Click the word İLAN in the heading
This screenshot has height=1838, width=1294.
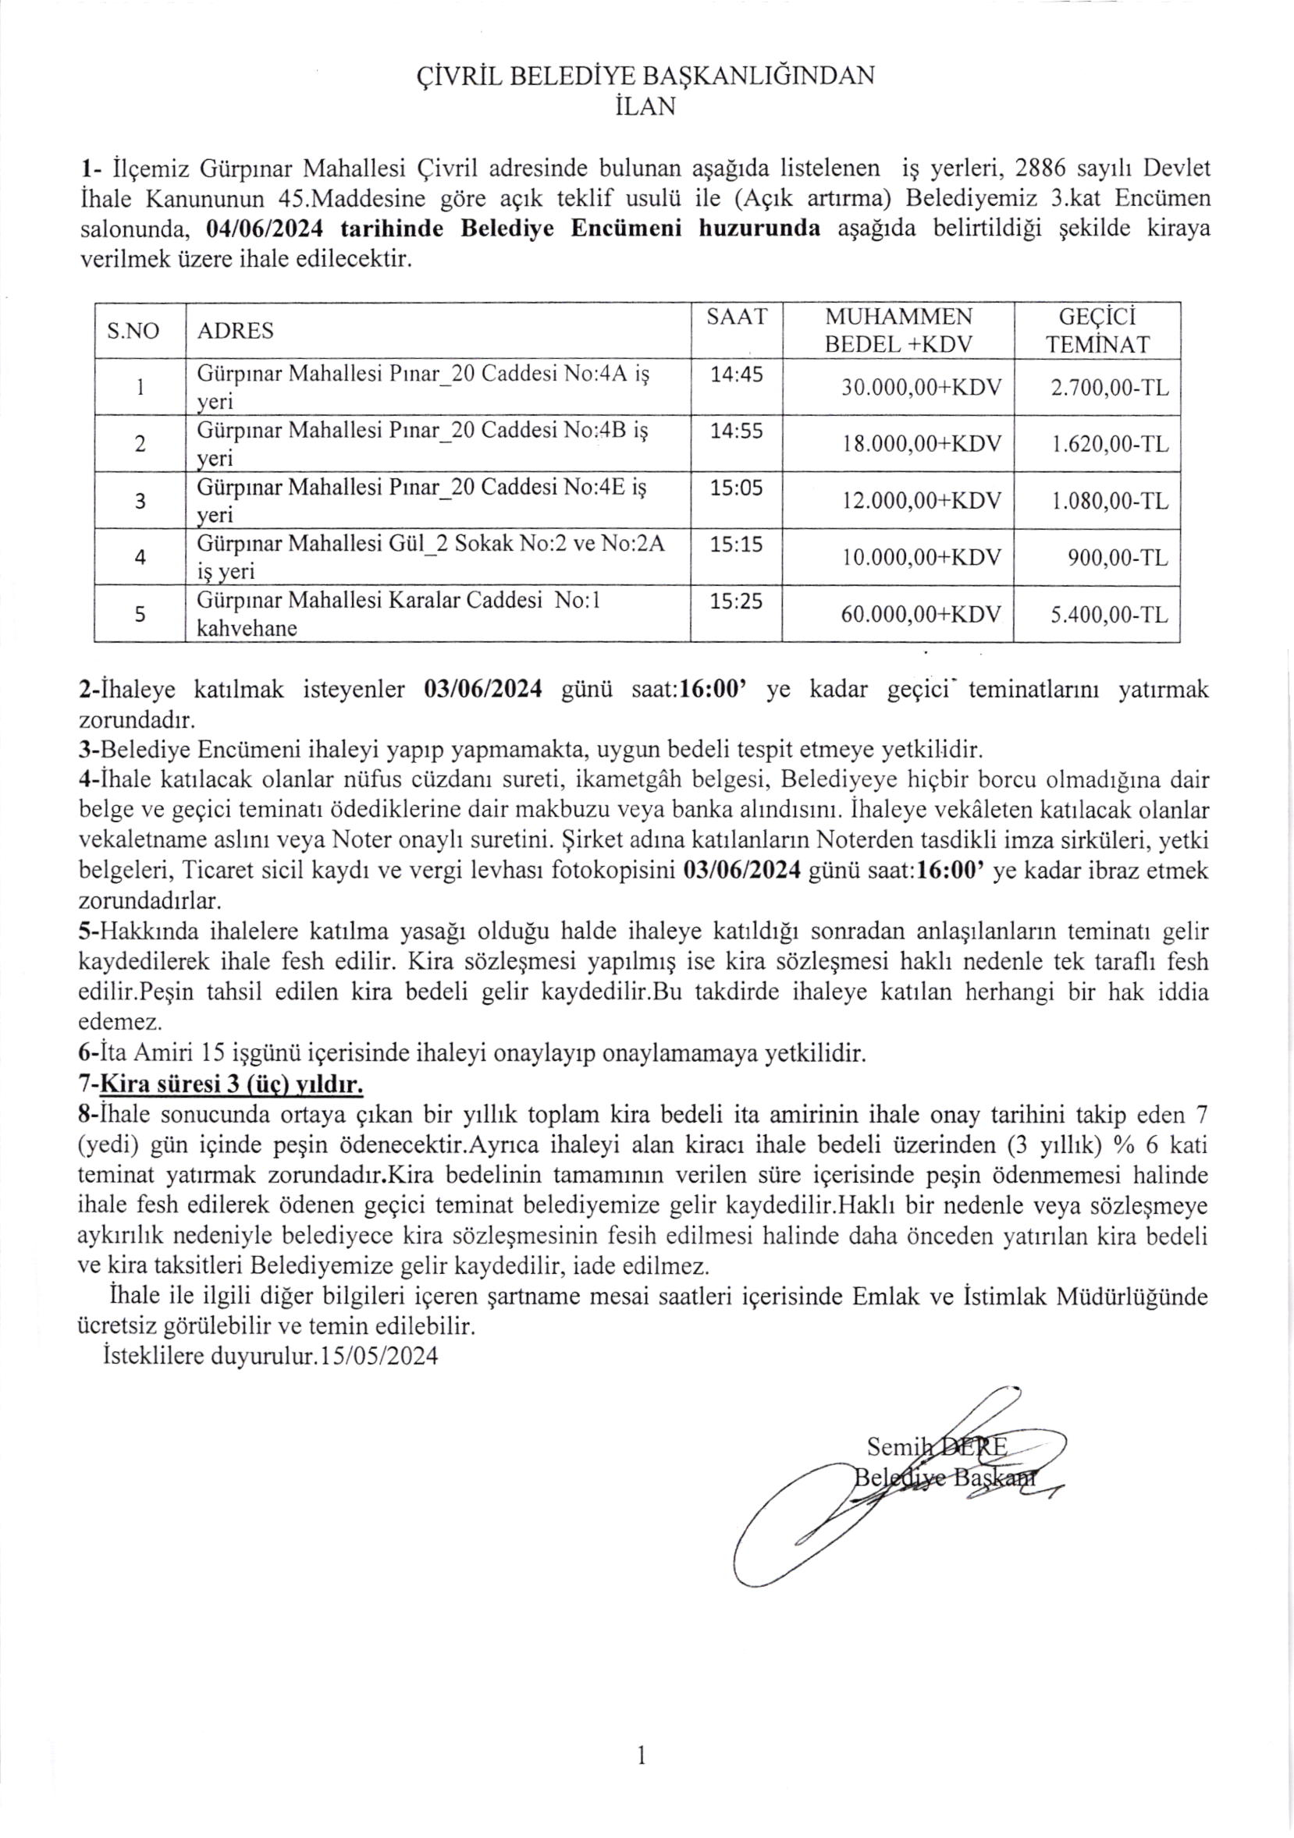(x=646, y=106)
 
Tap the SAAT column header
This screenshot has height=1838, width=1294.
(x=737, y=317)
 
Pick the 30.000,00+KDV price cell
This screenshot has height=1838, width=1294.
(x=921, y=388)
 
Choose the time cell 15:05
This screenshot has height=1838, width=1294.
(x=737, y=488)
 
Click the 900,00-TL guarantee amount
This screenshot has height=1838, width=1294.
(x=1118, y=558)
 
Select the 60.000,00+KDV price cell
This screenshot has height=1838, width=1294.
(x=921, y=615)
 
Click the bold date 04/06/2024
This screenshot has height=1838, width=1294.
(x=265, y=228)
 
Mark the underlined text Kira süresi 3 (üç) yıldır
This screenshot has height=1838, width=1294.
(x=232, y=1085)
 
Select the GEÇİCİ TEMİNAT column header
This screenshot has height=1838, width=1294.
(x=1098, y=331)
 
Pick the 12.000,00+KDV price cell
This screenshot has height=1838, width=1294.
(x=921, y=501)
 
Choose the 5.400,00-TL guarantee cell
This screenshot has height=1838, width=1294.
(x=1110, y=615)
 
